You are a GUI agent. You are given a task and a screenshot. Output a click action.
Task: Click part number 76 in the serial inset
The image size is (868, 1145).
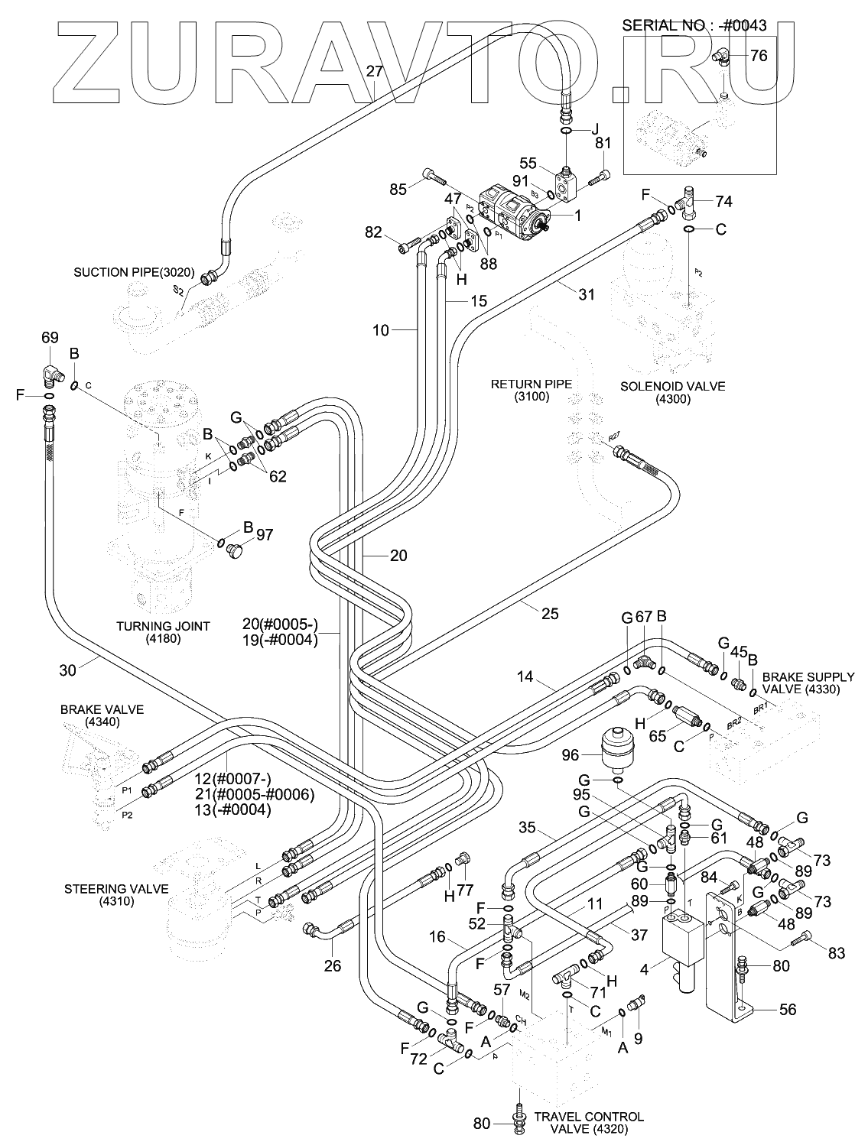[x=759, y=55]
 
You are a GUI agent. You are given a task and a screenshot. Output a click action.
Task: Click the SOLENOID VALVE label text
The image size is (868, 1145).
[x=662, y=392]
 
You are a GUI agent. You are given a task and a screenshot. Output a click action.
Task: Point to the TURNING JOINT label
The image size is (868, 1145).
[x=163, y=632]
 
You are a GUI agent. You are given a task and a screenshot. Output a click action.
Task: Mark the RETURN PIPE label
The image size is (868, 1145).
[x=532, y=390]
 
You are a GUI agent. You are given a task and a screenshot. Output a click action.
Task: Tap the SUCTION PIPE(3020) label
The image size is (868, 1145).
[x=135, y=272]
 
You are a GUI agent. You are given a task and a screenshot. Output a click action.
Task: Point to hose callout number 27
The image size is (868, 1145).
[x=374, y=72]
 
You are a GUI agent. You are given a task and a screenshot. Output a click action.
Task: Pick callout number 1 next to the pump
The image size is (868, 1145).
[x=578, y=216]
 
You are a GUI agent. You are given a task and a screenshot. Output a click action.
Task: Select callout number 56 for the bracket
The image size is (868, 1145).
[x=787, y=1009]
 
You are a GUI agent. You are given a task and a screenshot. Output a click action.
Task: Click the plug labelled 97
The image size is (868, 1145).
[x=234, y=550]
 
